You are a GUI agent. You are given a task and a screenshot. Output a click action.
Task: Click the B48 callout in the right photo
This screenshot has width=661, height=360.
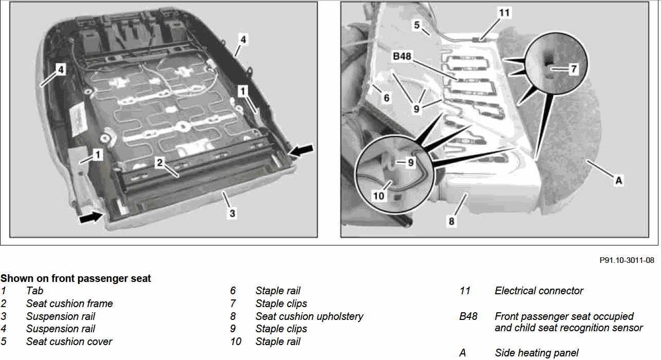click(402, 56)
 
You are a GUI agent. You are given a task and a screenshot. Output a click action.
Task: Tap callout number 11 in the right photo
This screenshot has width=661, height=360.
click(504, 13)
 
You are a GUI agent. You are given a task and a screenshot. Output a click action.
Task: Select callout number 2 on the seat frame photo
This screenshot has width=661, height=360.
click(160, 162)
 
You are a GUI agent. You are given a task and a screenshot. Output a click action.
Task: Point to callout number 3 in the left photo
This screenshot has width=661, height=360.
click(232, 213)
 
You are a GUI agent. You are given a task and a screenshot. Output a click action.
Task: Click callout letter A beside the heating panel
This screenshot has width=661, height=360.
click(618, 180)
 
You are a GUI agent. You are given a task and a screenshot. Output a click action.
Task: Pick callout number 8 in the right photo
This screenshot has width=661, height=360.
click(451, 221)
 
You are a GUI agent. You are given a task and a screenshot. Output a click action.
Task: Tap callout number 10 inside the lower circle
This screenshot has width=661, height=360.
click(379, 196)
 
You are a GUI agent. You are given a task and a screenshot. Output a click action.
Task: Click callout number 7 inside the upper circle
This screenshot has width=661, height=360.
click(573, 69)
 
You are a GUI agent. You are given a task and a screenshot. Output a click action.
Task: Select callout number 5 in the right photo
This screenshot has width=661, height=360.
click(417, 25)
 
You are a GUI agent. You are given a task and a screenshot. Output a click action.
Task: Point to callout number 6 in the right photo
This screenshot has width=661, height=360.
click(387, 98)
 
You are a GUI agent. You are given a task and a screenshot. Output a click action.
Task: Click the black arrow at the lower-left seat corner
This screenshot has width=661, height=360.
click(91, 217)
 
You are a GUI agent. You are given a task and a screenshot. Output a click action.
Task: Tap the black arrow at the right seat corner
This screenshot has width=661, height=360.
click(301, 150)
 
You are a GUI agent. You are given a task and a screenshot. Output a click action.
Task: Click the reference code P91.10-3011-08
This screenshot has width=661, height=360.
click(627, 260)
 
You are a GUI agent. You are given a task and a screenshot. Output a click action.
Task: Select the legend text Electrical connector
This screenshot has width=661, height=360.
click(539, 291)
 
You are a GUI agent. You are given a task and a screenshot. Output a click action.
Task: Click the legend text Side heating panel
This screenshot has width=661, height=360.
click(537, 353)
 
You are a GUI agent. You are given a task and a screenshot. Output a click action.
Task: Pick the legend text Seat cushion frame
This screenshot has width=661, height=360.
click(69, 304)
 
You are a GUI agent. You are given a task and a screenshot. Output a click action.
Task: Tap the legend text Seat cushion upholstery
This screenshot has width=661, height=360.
click(309, 317)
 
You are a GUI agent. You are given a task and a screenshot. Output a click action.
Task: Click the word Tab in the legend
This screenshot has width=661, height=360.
click(35, 291)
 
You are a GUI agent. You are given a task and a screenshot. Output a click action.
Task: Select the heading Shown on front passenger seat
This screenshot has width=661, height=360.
click(75, 278)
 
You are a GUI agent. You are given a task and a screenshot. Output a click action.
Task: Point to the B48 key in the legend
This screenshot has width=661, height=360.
click(468, 317)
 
